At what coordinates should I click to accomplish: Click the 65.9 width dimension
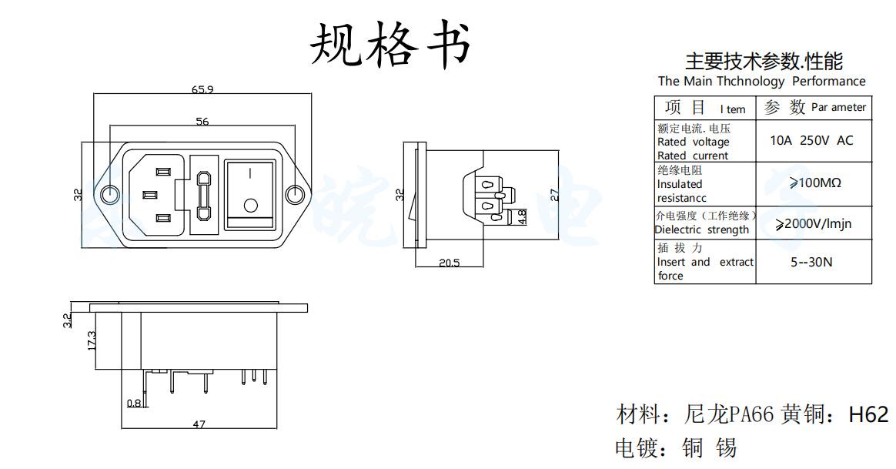click(202, 89)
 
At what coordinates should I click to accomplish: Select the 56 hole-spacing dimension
click(202, 121)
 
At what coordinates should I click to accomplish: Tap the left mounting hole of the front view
click(111, 193)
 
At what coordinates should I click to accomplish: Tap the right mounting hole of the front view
click(294, 193)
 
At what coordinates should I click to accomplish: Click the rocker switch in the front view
click(249, 195)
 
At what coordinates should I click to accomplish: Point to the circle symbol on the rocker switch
click(250, 206)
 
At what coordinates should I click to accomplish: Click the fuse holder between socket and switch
click(203, 194)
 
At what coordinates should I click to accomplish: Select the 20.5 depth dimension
click(450, 263)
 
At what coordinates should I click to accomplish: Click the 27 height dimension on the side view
click(555, 194)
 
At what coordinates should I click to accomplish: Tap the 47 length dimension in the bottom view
click(199, 424)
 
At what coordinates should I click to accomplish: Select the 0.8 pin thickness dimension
click(134, 403)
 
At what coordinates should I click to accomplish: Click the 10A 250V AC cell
click(811, 141)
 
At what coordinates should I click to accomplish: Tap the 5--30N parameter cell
click(811, 262)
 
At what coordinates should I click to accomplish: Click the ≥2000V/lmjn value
click(813, 224)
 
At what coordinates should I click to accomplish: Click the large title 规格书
click(389, 44)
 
